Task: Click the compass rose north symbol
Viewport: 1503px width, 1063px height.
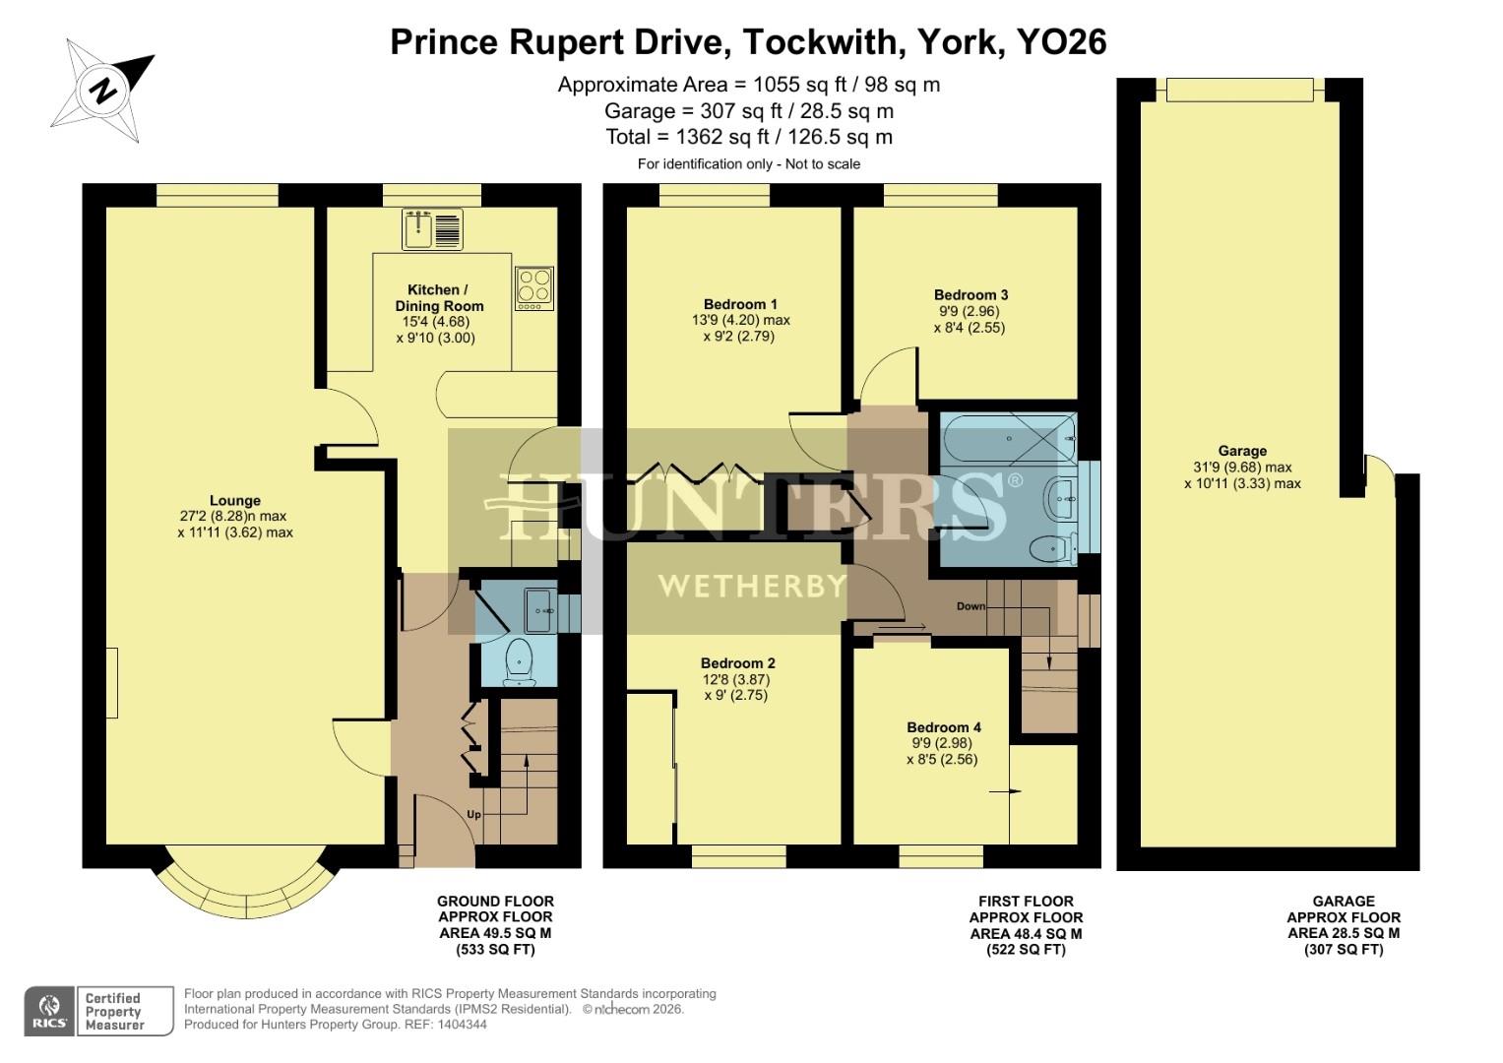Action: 102,91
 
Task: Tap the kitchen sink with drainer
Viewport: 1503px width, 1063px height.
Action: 432,229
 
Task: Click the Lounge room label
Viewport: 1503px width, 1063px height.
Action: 235,500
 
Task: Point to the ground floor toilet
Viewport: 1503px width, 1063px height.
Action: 518,659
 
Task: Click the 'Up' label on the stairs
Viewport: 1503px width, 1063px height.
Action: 473,815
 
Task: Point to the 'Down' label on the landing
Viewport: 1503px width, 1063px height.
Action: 971,606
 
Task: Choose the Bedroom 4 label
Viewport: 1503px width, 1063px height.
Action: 943,727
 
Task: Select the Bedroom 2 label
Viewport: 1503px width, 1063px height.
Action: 738,663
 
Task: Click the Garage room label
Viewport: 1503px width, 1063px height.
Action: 1242,451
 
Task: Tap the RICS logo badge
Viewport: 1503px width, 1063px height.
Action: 49,1011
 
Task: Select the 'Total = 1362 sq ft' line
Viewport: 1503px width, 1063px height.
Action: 749,137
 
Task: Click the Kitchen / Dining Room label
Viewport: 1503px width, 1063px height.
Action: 439,297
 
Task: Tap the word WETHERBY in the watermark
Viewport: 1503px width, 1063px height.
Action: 751,587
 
